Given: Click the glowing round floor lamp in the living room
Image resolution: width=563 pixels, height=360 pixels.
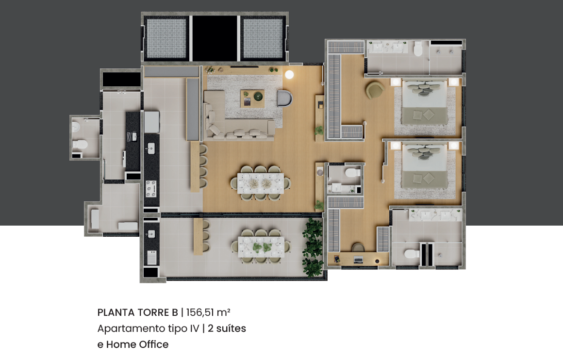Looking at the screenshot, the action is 289,74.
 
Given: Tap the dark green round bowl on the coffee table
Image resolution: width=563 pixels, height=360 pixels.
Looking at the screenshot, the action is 258,96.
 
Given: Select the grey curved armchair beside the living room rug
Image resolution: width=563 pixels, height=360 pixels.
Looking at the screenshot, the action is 285,98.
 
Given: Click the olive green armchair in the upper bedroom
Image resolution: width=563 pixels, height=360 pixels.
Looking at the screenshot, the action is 375,90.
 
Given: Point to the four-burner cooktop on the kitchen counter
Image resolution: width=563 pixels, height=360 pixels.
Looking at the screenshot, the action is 151,189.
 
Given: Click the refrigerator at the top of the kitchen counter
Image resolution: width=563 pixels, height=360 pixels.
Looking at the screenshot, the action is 151,122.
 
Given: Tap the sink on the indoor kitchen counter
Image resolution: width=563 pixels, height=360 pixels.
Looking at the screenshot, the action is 151,148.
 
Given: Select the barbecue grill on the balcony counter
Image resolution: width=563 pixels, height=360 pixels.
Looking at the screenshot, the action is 151,257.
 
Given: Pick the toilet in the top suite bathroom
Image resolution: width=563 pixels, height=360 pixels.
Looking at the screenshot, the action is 418,49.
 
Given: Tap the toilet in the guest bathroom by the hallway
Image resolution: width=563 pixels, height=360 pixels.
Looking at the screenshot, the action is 352,173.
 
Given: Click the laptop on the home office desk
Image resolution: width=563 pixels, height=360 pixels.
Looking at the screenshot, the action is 358,259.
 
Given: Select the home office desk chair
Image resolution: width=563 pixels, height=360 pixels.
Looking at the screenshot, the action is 358,247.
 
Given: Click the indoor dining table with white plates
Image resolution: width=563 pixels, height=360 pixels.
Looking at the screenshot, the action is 260,183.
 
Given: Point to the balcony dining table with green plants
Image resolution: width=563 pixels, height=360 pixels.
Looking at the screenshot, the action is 261,246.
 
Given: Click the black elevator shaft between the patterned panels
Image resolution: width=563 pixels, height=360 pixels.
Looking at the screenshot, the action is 215,38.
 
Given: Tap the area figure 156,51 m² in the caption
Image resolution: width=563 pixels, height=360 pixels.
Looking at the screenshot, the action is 208,312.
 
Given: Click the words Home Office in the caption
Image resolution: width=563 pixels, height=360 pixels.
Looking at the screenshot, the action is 137,344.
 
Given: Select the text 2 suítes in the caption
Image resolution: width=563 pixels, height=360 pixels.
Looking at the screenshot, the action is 227,328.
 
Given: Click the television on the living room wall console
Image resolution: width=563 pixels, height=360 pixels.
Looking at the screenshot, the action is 244,67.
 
